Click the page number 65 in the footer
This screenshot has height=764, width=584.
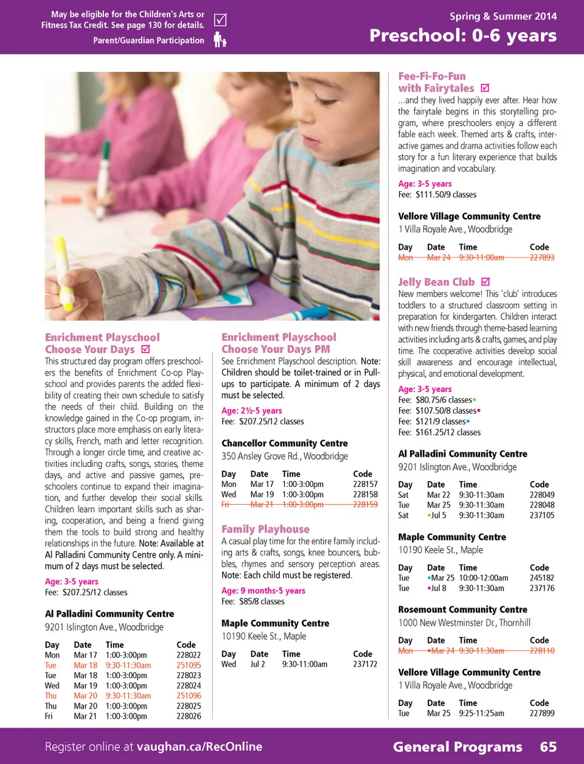click(x=548, y=747)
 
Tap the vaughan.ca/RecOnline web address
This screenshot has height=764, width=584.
click(x=200, y=747)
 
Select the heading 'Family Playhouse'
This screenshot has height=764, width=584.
click(x=265, y=530)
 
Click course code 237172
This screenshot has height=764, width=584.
click(x=365, y=664)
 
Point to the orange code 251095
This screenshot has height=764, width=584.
click(x=189, y=665)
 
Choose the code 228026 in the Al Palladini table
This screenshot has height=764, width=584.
click(x=189, y=717)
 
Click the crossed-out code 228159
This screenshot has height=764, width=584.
click(x=365, y=505)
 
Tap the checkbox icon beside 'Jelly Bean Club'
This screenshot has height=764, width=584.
click(x=485, y=282)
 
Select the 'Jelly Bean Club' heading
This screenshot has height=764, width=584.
click(x=436, y=282)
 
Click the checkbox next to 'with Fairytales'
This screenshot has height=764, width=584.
click(x=485, y=88)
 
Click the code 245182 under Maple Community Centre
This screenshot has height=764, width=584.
click(x=541, y=578)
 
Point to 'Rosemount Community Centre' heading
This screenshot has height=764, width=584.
click(x=462, y=610)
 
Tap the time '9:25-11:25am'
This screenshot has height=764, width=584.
click(x=481, y=713)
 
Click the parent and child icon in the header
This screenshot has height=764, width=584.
click(x=220, y=40)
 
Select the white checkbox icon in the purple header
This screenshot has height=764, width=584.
click(x=220, y=20)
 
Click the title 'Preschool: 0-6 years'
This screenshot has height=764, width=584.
click(x=463, y=35)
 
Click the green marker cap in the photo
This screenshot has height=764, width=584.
click(x=106, y=150)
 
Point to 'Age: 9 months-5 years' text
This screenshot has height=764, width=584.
click(x=263, y=591)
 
